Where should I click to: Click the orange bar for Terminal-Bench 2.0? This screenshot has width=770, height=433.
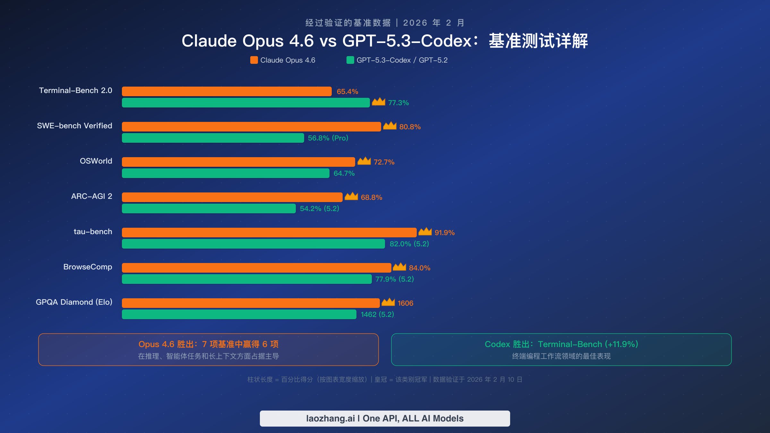[227, 91]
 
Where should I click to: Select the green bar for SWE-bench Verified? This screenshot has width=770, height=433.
[213, 138]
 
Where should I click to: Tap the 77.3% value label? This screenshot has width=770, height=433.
[398, 103]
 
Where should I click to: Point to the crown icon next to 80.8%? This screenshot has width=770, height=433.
[389, 126]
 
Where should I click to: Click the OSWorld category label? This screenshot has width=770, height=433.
[96, 161]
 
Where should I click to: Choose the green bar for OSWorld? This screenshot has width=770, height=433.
[226, 173]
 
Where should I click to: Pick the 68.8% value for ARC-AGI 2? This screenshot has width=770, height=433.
[371, 198]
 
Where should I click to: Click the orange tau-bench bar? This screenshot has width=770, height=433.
[269, 233]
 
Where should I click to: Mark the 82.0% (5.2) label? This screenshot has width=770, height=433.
[409, 244]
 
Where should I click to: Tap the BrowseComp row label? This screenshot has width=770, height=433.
[88, 267]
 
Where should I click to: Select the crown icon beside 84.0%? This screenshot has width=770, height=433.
[399, 267]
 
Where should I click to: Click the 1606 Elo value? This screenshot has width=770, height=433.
[405, 303]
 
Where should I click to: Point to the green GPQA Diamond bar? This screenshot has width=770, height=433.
[239, 314]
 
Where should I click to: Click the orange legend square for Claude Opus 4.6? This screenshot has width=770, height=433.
[254, 60]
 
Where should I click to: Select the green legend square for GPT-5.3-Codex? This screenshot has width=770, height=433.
[350, 60]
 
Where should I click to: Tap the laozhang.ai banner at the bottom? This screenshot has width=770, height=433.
[385, 419]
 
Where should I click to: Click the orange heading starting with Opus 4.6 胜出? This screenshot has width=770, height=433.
[208, 344]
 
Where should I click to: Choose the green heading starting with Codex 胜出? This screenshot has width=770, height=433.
[561, 344]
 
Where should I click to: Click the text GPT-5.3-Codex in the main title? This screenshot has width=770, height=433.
[407, 41]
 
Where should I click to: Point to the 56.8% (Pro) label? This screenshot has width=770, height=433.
[328, 138]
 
